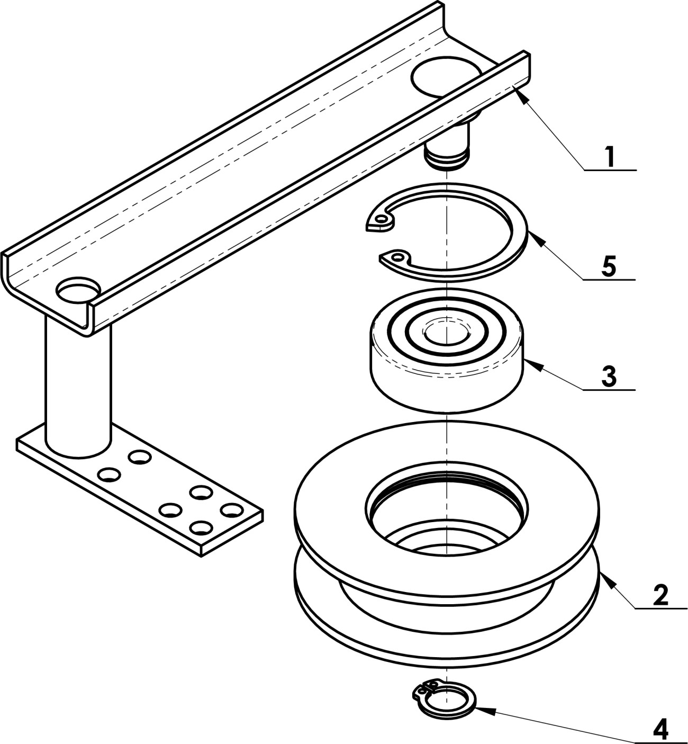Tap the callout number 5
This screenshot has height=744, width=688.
tap(609, 266)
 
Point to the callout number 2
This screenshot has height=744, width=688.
tap(660, 595)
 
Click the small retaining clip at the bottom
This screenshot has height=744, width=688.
tap(444, 696)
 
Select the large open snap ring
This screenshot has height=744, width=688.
tap(447, 232)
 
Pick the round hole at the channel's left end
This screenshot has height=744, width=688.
tap(78, 290)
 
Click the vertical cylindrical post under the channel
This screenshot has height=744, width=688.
tap(78, 388)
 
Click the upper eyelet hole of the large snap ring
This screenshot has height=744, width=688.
tap(382, 218)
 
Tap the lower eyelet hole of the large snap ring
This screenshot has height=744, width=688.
tap(397, 257)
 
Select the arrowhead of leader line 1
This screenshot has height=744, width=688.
tap(521, 94)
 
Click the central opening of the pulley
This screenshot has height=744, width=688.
tap(447, 521)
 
